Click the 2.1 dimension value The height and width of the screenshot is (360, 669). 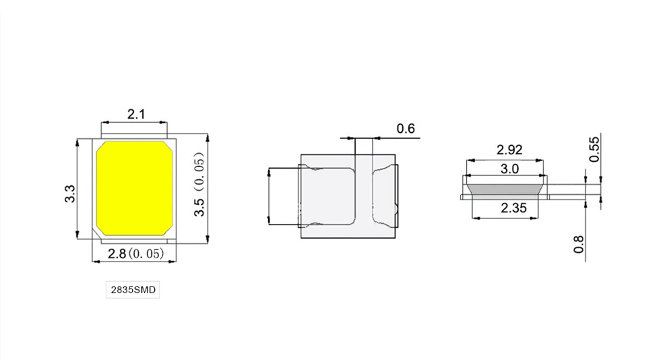[136, 114]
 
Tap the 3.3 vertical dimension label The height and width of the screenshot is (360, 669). [69, 195]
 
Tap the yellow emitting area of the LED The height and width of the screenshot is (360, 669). [135, 187]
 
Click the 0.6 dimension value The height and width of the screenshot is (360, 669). [405, 128]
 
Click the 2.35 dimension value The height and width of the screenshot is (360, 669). [511, 208]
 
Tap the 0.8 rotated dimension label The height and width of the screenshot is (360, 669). [579, 243]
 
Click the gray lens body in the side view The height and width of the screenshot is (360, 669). [505, 187]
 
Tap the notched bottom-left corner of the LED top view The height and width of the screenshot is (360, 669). [100, 231]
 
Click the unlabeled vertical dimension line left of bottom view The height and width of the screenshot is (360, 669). [269, 196]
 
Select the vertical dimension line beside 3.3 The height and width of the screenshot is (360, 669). [77, 188]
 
